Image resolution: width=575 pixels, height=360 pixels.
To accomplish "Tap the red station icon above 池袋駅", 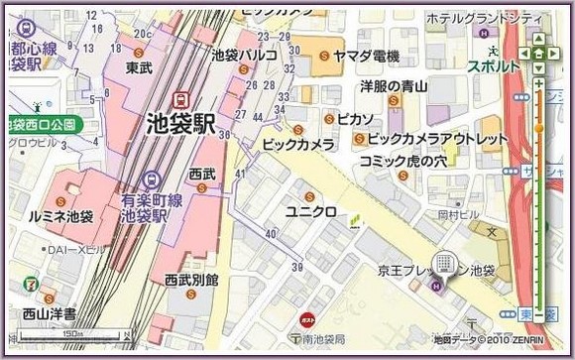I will [x=181, y=99].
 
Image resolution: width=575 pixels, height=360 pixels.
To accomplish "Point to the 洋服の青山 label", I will [x=393, y=88].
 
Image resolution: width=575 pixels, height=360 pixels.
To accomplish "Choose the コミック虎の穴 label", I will [x=404, y=161].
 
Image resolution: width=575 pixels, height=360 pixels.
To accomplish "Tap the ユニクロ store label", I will [x=310, y=212].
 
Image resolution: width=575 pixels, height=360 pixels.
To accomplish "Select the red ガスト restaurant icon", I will [x=307, y=320].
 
